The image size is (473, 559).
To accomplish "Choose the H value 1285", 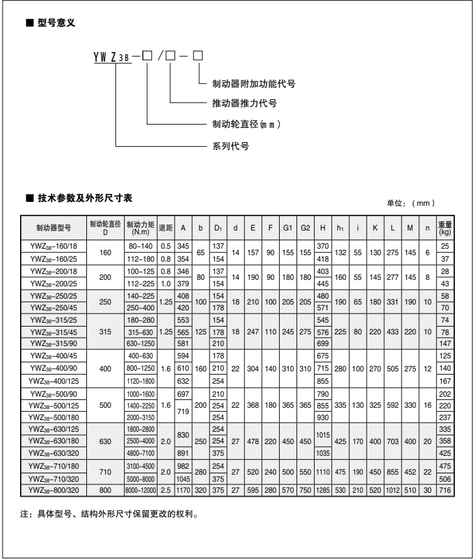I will coord(323,488).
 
